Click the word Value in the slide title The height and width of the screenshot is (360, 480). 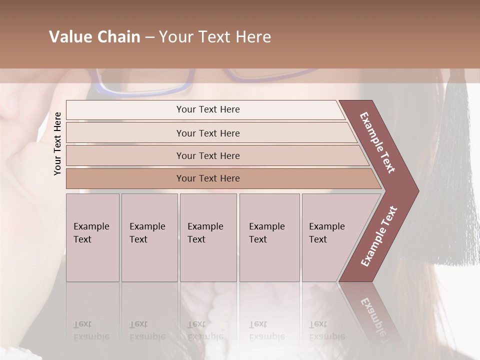tap(69, 37)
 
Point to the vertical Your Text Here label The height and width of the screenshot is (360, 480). tap(57, 143)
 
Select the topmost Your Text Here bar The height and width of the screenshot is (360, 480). tap(207, 109)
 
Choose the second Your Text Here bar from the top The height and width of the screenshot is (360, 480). tap(207, 133)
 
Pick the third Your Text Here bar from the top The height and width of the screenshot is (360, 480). tap(207, 155)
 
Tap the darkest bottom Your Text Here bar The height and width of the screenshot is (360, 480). tap(207, 178)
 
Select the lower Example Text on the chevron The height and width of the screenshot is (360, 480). tap(379, 236)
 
